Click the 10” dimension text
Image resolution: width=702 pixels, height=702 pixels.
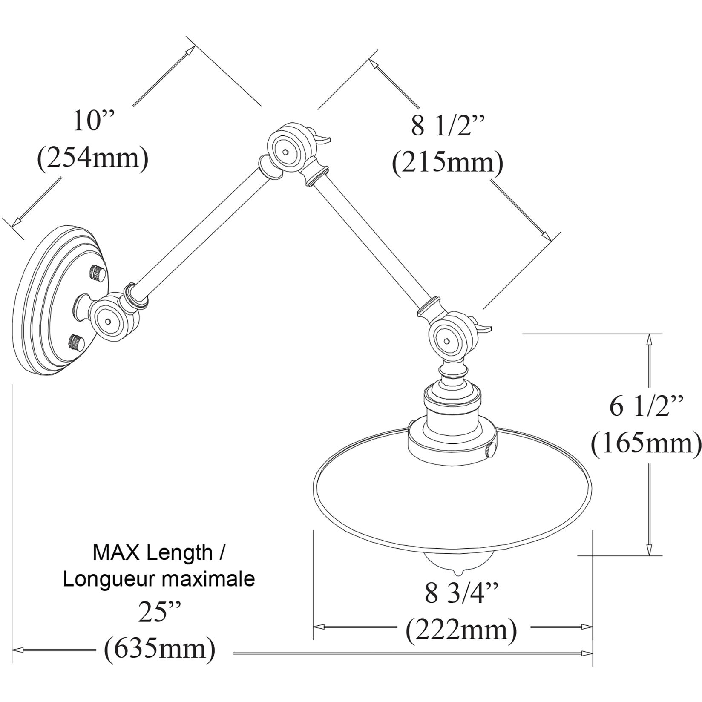(95, 122)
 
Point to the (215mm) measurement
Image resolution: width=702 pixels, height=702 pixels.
(447, 163)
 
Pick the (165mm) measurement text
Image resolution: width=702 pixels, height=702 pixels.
(645, 443)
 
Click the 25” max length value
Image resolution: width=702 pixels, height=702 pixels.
(157, 613)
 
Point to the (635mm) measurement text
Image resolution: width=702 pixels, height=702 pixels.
(159, 649)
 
